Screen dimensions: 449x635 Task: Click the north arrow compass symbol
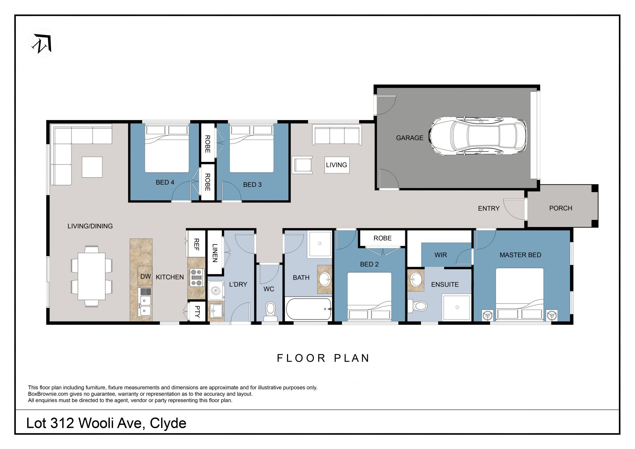click(x=42, y=43)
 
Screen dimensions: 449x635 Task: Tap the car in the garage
click(x=478, y=136)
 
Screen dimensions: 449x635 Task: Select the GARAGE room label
click(x=409, y=138)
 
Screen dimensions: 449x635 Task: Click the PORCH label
click(x=560, y=208)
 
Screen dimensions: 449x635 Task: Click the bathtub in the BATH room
click(x=308, y=309)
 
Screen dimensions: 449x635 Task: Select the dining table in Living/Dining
click(x=92, y=276)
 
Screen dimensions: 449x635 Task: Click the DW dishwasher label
click(x=146, y=276)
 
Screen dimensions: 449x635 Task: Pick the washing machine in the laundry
click(x=216, y=291)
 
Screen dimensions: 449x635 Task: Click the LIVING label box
click(x=336, y=165)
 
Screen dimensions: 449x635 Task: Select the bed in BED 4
click(x=167, y=149)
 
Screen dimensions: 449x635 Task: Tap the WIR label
click(x=440, y=255)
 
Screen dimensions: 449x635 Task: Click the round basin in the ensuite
click(x=416, y=280)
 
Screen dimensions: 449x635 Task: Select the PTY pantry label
click(x=197, y=311)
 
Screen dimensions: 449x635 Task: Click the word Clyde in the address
click(x=168, y=423)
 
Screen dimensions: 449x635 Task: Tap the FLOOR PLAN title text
click(x=323, y=358)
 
